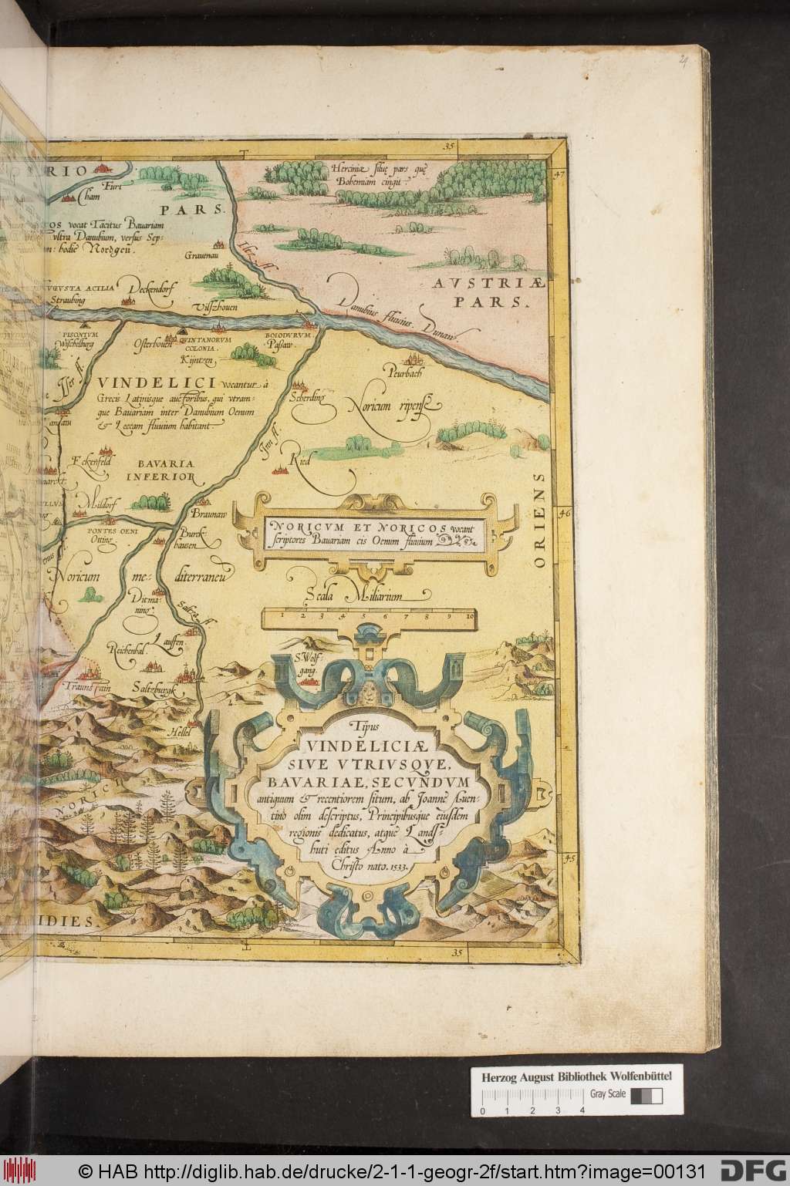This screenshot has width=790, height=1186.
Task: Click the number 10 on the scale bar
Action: (470, 616)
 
